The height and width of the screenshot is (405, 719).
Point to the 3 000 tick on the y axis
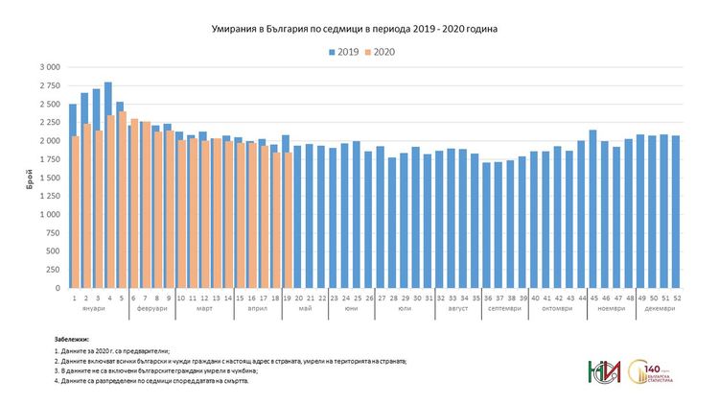pos(49,67)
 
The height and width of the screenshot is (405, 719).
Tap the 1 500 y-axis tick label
pos(49,178)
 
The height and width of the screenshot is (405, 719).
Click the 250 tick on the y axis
pos(53,270)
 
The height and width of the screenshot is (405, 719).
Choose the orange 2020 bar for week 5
pos(123,200)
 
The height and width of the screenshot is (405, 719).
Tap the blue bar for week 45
pos(592,209)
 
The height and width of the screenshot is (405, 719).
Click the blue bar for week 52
pos(676,212)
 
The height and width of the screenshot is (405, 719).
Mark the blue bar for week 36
pos(487,226)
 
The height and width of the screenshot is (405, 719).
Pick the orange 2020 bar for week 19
pos(289,220)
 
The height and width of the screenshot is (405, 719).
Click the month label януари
pos(94,308)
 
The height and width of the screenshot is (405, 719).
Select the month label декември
pos(659,308)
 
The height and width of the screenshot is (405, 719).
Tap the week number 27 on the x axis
pos(382,298)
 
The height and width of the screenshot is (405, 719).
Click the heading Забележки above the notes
pos(76,340)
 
